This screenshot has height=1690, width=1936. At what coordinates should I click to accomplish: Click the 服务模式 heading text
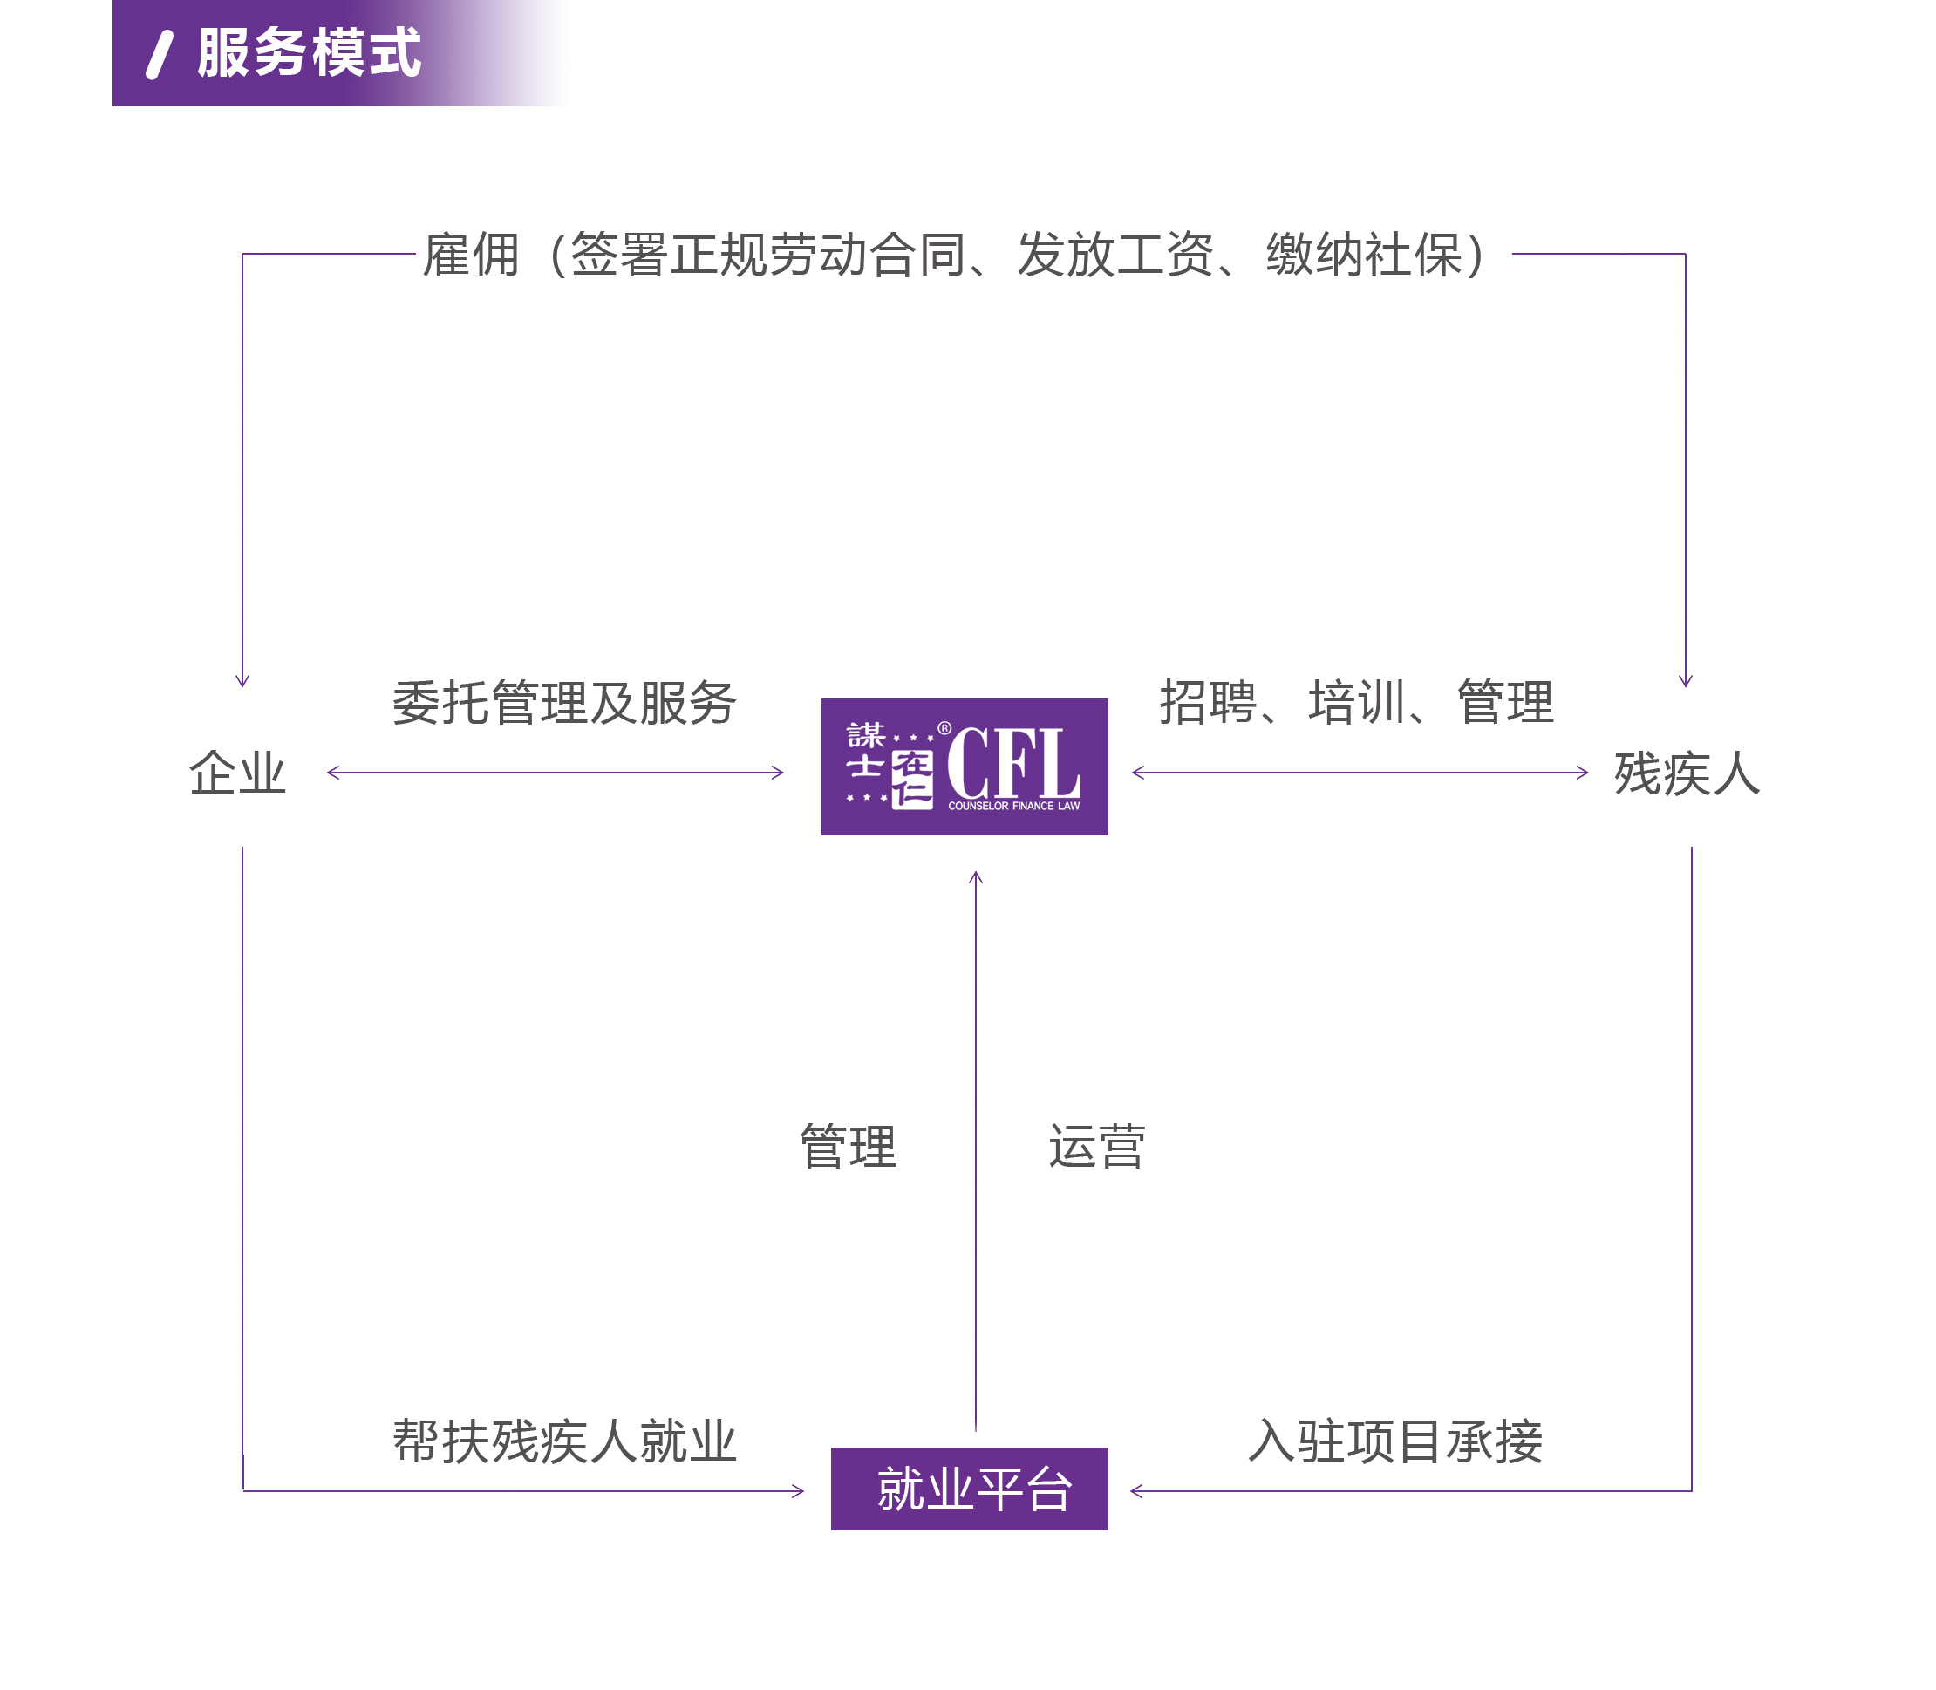pyautogui.click(x=310, y=53)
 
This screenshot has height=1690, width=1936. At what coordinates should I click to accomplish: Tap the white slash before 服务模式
pyautogui.click(x=160, y=55)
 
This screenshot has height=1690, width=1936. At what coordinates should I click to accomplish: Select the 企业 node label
pyautogui.click(x=237, y=773)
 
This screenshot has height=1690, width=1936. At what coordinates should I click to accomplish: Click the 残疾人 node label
pyautogui.click(x=1687, y=773)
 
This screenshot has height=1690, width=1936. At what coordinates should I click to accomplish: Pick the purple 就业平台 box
pyautogui.click(x=970, y=1489)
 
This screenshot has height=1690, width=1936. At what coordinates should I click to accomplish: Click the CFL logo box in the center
pyautogui.click(x=965, y=767)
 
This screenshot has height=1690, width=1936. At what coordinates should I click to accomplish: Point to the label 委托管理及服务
pyautogui.click(x=564, y=703)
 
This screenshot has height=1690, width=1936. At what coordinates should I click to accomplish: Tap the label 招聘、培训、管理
pyautogui.click(x=1356, y=703)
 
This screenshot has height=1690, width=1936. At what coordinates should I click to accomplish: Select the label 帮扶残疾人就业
pyautogui.click(x=564, y=1441)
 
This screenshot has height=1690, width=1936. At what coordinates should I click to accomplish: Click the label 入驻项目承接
pyautogui.click(x=1395, y=1441)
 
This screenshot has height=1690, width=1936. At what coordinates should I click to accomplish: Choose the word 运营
pyautogui.click(x=1097, y=1147)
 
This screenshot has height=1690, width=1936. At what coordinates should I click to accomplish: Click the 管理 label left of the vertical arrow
pyautogui.click(x=848, y=1147)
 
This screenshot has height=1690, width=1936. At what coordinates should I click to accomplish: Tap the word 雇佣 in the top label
pyautogui.click(x=471, y=255)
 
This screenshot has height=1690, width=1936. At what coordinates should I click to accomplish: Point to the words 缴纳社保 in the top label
pyautogui.click(x=1364, y=255)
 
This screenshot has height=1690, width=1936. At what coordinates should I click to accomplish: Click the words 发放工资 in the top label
pyautogui.click(x=1115, y=255)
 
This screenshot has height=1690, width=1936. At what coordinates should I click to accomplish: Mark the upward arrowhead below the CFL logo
pyautogui.click(x=976, y=877)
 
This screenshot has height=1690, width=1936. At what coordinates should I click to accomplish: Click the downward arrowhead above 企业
pyautogui.click(x=242, y=681)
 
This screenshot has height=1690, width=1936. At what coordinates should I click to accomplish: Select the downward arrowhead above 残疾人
pyautogui.click(x=1685, y=681)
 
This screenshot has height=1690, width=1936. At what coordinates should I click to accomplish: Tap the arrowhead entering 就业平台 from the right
pyautogui.click(x=1136, y=1491)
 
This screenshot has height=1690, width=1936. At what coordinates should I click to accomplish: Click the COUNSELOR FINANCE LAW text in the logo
pyautogui.click(x=1013, y=807)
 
